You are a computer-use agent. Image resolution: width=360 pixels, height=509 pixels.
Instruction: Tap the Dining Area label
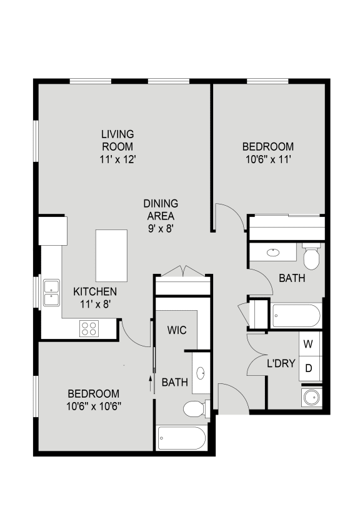[161, 209]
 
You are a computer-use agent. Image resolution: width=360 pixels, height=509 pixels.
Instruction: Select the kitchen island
[111, 255]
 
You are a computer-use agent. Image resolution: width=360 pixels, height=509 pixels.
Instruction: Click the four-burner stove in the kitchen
[89, 328]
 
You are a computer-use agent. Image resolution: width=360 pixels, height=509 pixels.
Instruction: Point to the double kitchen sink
[50, 293]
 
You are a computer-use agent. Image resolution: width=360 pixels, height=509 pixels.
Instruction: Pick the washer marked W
[308, 344]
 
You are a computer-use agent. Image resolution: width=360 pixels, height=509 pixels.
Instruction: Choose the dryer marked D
[308, 368]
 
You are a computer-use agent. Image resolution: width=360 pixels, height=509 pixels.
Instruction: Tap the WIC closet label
[177, 330]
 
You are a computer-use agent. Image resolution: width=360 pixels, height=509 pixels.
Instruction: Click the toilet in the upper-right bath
[311, 256]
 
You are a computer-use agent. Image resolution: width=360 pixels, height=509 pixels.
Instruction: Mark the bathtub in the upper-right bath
[296, 316]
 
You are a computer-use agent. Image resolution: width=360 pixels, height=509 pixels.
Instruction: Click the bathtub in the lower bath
[181, 439]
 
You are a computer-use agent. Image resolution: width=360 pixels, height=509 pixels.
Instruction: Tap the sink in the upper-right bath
[274, 253]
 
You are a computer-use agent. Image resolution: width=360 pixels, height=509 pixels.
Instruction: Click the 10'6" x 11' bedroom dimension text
[268, 159]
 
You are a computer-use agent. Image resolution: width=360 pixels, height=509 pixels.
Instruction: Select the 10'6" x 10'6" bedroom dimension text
[94, 406]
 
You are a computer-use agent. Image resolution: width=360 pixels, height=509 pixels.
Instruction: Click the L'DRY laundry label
[281, 363]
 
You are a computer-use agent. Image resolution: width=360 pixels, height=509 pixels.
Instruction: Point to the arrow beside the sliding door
[151, 382]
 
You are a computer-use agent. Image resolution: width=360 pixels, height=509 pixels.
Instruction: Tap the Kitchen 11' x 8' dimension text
[94, 304]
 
